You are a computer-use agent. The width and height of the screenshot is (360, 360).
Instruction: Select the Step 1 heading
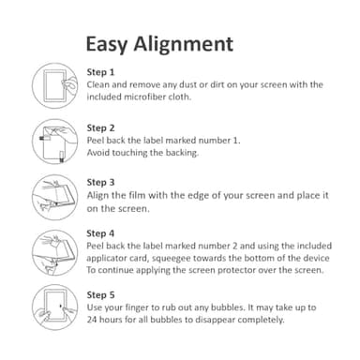tap(100, 72)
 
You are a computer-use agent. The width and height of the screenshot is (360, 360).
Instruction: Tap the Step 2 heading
tap(100, 127)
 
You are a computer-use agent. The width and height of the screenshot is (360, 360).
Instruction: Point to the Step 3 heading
tap(100, 182)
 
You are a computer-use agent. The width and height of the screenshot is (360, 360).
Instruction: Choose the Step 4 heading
tap(100, 232)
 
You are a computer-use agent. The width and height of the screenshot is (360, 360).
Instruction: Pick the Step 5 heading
tap(100, 293)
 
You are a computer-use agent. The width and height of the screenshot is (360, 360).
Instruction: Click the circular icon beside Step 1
tap(53, 84)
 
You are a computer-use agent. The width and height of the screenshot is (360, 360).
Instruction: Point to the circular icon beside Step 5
tap(53, 306)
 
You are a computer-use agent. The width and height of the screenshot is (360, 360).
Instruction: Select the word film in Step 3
tap(135, 195)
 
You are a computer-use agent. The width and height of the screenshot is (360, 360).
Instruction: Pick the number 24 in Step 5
tap(92, 319)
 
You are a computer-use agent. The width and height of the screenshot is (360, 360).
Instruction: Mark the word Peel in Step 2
tap(97, 140)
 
